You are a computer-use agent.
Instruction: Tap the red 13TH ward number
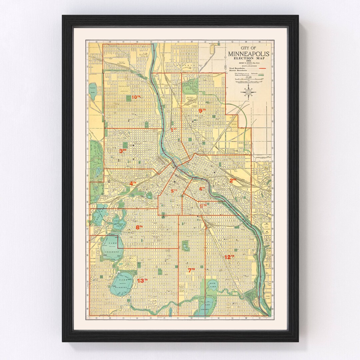click(x=142, y=280)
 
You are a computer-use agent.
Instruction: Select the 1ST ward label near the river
click(x=173, y=129)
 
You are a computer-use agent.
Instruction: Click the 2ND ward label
click(x=233, y=180)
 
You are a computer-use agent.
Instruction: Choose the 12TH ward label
click(x=229, y=257)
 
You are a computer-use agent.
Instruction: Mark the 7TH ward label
click(x=191, y=270)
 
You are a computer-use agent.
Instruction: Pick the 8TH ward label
click(x=139, y=227)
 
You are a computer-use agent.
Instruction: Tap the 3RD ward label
click(x=123, y=151)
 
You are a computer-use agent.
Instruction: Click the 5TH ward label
click(x=174, y=191)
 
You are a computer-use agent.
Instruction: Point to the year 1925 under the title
click(x=248, y=61)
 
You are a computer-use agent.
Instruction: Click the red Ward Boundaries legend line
click(x=262, y=68)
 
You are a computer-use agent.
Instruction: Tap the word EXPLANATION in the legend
click(x=248, y=66)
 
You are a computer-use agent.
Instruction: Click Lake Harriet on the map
click(x=121, y=283)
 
